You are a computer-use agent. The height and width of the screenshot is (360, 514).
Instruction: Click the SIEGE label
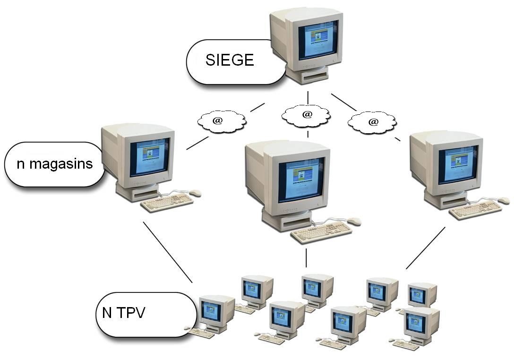tap(230, 60)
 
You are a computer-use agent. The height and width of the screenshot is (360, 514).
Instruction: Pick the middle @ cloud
tap(306, 115)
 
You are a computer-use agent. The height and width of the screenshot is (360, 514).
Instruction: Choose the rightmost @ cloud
tap(372, 122)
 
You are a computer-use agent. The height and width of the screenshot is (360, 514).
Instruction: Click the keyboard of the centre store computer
tap(321, 232)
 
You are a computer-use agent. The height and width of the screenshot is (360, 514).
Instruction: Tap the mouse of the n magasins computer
tap(195, 193)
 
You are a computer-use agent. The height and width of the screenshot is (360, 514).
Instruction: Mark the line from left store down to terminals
tap(168, 252)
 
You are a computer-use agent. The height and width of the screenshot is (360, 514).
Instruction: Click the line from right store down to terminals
tap(425, 249)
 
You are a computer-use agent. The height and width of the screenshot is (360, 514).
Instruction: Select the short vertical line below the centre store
tap(306, 258)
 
